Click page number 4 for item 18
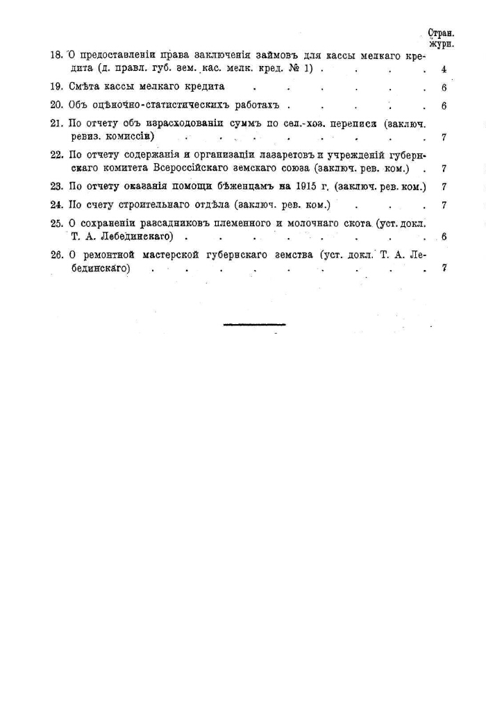[443, 70]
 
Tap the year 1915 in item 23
[305, 187]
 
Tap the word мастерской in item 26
[171, 255]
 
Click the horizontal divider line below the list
[254, 324]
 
